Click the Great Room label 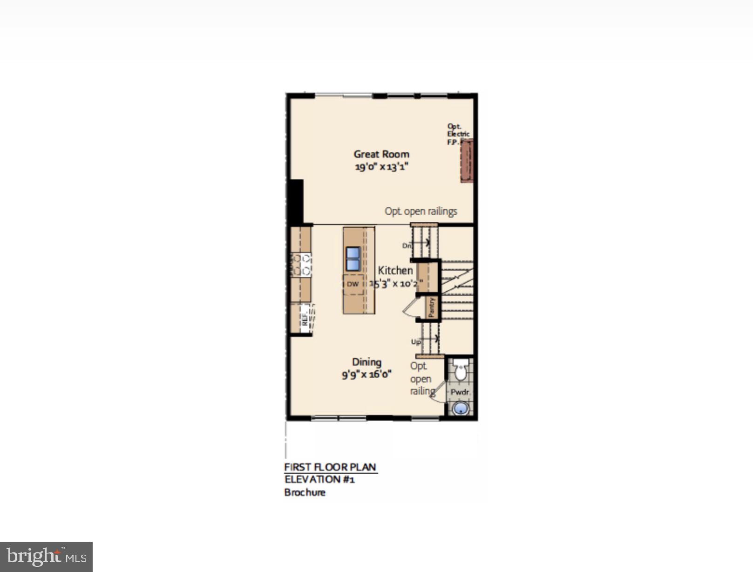click(x=381, y=154)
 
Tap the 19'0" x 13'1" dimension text click(x=381, y=167)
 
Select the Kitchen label click(x=395, y=271)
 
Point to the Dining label click(x=366, y=362)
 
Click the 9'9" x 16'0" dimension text click(x=366, y=374)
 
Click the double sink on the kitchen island click(x=353, y=259)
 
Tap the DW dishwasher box click(x=353, y=284)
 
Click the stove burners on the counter click(x=302, y=265)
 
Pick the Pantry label click(x=432, y=308)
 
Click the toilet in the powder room click(x=461, y=370)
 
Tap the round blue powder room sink click(x=460, y=409)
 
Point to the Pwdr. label click(x=460, y=393)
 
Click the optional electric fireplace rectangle click(x=467, y=161)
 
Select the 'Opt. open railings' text click(x=421, y=211)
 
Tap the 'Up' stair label click(x=416, y=342)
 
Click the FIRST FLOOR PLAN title click(x=330, y=467)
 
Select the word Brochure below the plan click(x=305, y=492)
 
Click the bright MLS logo click(x=46, y=557)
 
